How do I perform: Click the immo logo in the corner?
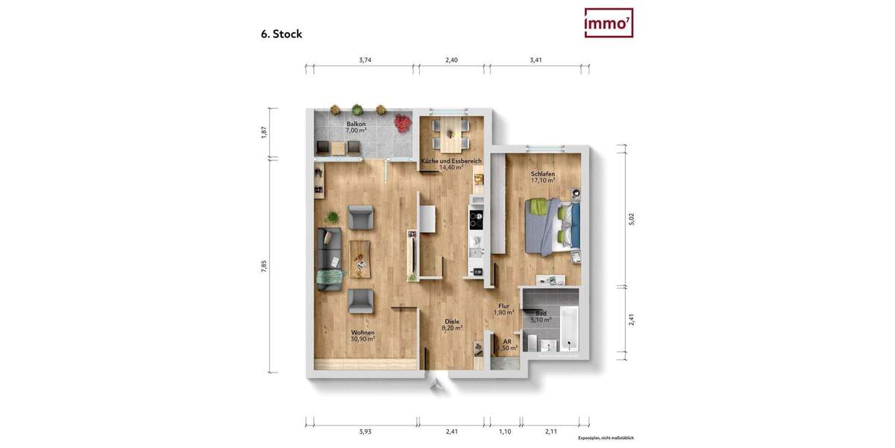[x=609, y=23]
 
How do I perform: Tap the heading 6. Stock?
[x=281, y=34]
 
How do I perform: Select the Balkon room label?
[x=356, y=124]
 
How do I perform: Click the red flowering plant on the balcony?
[x=403, y=122]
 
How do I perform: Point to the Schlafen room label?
[x=542, y=174]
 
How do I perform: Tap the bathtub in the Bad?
[x=568, y=328]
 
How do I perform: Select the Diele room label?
[x=452, y=322]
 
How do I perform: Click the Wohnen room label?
[x=362, y=333]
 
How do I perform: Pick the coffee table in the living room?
[x=359, y=255]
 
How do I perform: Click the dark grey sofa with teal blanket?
[x=329, y=258]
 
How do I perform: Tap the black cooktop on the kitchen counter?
[x=476, y=220]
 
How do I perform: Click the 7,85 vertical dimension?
[x=263, y=267]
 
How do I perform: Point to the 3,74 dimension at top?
[x=365, y=60]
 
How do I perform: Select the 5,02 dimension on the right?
[x=631, y=219]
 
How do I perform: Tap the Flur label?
[x=503, y=306]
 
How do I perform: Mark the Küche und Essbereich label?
[x=451, y=161]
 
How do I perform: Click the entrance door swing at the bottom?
[x=437, y=384]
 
